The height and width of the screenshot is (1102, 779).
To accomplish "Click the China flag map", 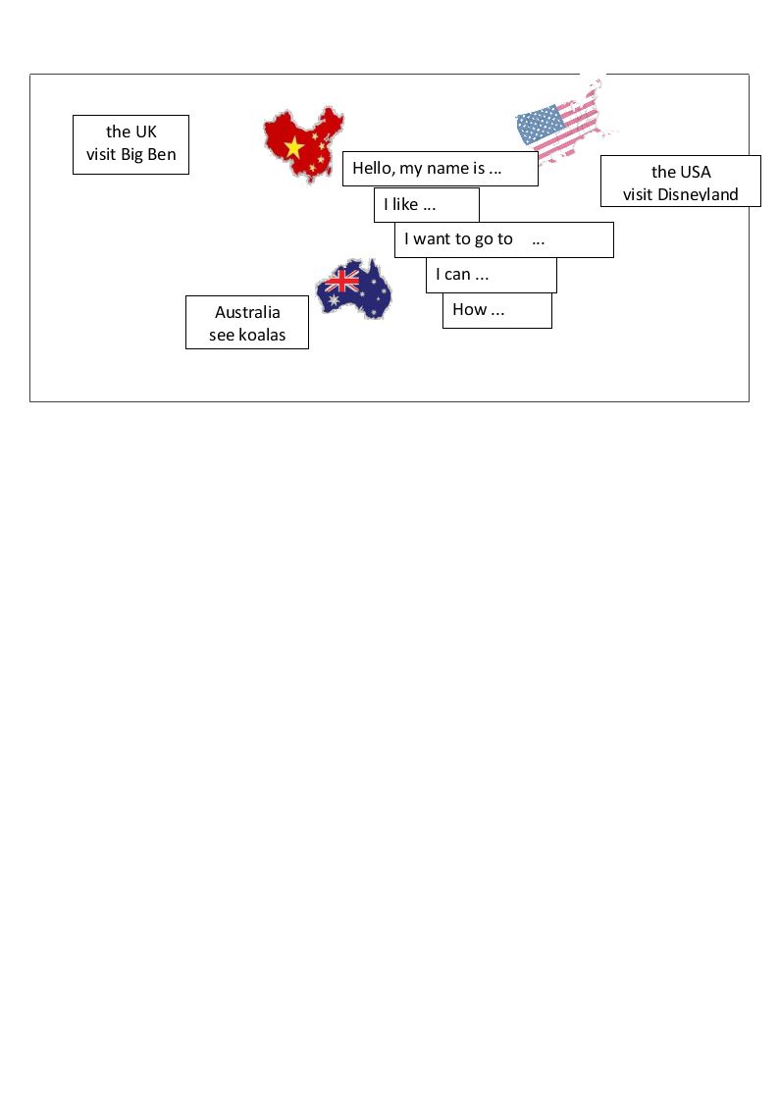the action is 303,144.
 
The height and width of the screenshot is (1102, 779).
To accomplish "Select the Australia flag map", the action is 354,289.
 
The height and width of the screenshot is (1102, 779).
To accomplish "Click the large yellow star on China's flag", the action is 293,147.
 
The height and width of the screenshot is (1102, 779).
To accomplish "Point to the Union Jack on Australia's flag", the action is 342,281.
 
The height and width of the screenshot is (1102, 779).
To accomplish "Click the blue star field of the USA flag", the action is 541,124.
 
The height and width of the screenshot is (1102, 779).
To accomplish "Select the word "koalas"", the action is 262,336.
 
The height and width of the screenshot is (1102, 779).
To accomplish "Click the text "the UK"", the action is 131,131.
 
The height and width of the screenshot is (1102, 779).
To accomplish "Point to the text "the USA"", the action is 681,172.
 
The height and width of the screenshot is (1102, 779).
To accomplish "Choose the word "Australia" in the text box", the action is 247,312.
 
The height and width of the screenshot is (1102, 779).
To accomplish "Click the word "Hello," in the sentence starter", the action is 374,169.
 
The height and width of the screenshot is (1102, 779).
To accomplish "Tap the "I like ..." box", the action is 427,204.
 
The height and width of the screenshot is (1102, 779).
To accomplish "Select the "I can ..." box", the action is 491,275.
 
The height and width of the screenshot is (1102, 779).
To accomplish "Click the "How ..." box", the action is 496,310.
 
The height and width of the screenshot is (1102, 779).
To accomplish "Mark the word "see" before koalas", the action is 222,336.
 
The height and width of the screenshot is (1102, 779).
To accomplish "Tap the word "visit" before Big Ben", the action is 101,155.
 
